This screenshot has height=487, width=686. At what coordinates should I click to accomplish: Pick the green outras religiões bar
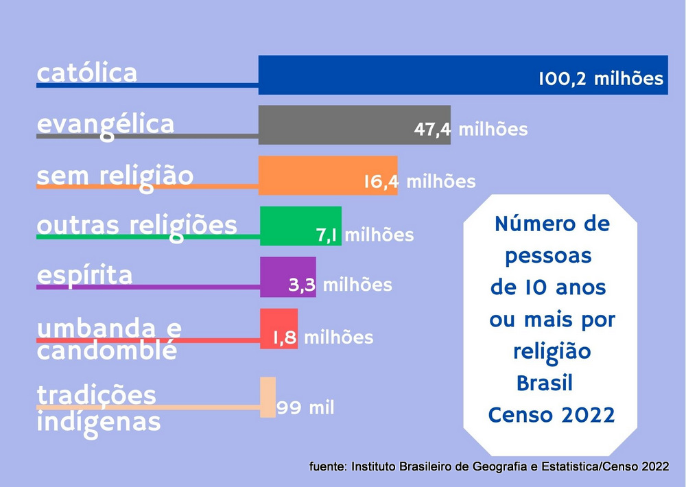pos(288,225)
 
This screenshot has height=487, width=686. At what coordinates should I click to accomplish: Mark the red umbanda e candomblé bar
pos(271,328)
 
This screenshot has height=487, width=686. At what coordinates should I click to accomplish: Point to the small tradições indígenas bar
pos(268,396)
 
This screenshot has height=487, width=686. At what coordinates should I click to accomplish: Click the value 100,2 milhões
pos(601,78)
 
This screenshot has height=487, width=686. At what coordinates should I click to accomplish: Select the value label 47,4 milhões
pos(471,129)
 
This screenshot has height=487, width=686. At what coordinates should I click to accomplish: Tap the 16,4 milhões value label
pos(419,182)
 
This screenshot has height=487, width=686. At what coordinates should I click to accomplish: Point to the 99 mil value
pos(305,408)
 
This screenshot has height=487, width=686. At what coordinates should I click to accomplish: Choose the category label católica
pos(87,73)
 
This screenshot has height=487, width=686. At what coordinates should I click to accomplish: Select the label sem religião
pos(115,176)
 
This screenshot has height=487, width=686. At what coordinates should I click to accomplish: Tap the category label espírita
pos(84,275)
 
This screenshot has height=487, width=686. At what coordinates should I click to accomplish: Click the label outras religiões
pos(137,226)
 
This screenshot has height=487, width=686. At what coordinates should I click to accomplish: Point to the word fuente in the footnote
pos(327,466)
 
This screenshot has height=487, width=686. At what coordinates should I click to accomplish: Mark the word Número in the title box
pos(528,224)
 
